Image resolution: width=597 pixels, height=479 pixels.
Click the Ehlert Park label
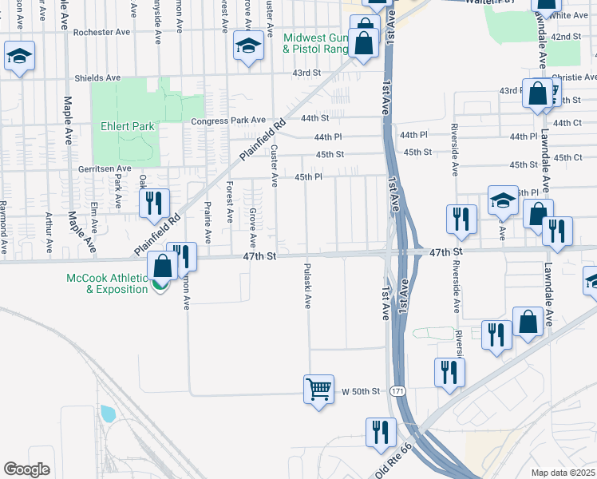[x=128, y=126]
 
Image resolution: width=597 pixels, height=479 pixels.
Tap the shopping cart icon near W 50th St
[x=318, y=390]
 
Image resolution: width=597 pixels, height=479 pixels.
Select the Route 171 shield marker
[x=398, y=391]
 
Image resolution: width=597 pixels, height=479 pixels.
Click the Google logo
[x=27, y=469]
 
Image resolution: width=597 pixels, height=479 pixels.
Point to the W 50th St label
[x=365, y=391]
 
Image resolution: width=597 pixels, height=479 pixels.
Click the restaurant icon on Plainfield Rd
[x=154, y=204]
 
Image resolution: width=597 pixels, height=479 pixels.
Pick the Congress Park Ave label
[x=228, y=120]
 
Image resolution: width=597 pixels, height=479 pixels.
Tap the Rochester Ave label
[x=101, y=34]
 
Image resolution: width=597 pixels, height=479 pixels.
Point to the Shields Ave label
[x=97, y=78]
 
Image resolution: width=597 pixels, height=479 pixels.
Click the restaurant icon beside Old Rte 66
[x=381, y=432]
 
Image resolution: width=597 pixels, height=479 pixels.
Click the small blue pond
[x=107, y=414]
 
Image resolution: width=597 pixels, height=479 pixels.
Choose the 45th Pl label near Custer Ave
[x=308, y=176]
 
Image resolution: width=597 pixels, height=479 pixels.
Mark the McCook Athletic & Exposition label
[x=107, y=283]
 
